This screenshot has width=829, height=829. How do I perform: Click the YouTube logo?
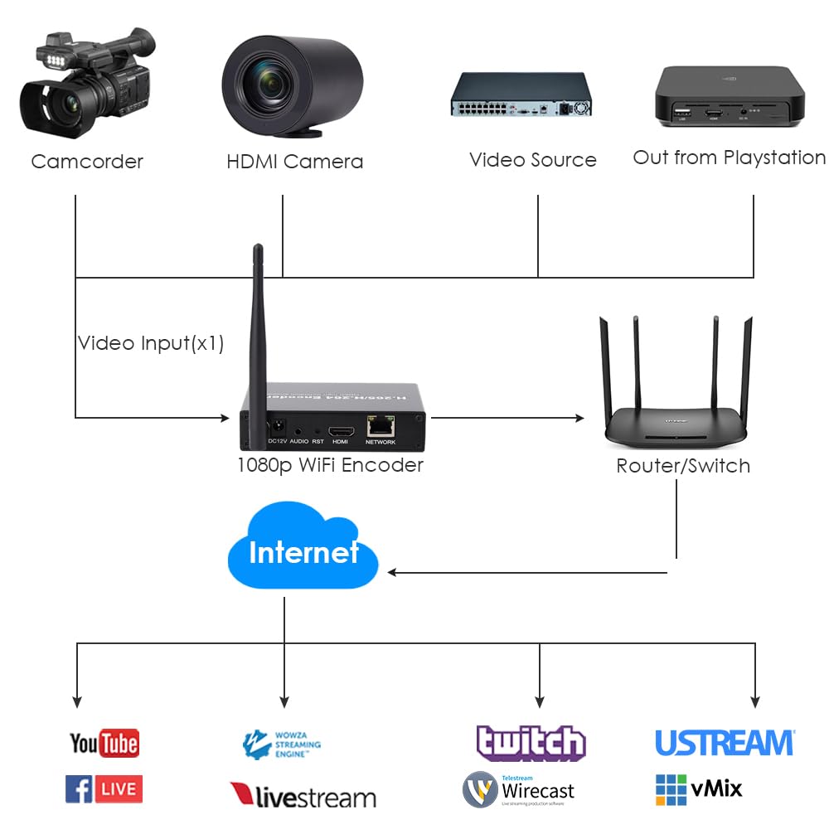coord(104,743)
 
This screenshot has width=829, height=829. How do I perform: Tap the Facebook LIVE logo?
coord(104,788)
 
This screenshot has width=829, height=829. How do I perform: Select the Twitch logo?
coord(531,743)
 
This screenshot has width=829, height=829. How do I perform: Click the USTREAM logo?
coord(724,742)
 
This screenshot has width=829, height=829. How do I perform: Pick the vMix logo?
coord(698,788)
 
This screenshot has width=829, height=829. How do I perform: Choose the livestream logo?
coord(303,797)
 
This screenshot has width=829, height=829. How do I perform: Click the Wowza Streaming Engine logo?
coord(281,744)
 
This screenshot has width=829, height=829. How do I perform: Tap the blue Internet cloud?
coord(303,551)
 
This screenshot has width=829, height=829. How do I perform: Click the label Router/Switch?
coord(683,466)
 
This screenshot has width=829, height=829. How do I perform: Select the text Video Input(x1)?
coord(151,343)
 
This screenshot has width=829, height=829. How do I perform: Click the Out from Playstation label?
coord(729,158)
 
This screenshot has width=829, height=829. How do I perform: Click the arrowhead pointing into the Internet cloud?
coord(393,572)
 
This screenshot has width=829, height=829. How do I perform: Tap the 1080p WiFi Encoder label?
coord(330,465)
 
